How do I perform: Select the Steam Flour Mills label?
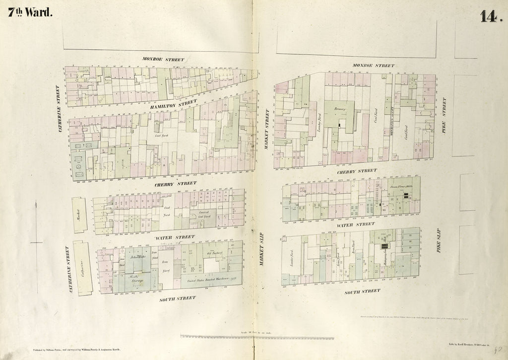click(x=401, y=187)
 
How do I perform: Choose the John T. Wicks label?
click(x=136, y=257)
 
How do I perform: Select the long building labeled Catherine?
click(x=82, y=268)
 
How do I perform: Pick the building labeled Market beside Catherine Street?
click(x=79, y=214)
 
